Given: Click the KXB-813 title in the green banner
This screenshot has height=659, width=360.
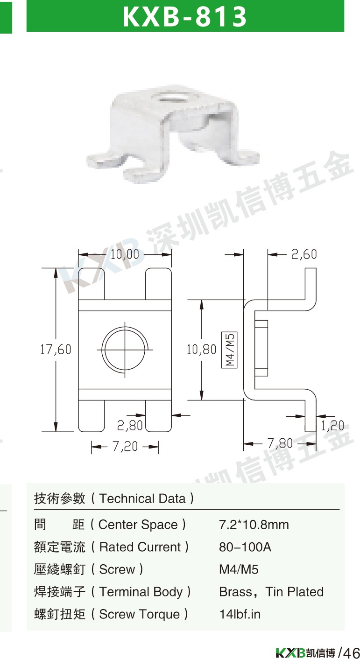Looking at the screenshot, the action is pyautogui.click(x=184, y=16).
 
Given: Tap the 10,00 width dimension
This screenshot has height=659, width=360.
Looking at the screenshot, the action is pyautogui.click(x=125, y=254).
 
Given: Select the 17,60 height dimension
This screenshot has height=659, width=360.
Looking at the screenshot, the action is pyautogui.click(x=56, y=350).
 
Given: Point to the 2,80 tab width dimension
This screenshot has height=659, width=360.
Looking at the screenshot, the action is pyautogui.click(x=130, y=425).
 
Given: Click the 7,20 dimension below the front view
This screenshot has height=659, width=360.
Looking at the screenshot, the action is pyautogui.click(x=125, y=447).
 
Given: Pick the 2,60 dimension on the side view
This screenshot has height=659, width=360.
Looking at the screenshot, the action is pyautogui.click(x=304, y=254).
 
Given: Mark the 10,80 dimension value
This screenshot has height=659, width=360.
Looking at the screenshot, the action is pyautogui.click(x=202, y=350).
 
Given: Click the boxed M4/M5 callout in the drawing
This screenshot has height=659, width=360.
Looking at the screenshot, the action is pyautogui.click(x=229, y=350).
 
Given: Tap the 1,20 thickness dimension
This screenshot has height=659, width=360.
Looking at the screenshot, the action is pyautogui.click(x=332, y=425).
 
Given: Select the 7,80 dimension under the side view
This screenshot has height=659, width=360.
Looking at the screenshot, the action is pyautogui.click(x=280, y=443).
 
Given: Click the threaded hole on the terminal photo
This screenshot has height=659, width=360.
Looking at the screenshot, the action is pyautogui.click(x=170, y=97).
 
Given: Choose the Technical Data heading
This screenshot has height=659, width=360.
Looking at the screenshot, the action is pyautogui.click(x=114, y=498).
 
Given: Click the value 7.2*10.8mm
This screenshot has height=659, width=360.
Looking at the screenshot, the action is pyautogui.click(x=254, y=525).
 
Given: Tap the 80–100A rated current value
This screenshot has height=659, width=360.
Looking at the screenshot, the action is pyautogui.click(x=245, y=547).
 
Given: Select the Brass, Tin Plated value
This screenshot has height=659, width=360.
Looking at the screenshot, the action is pyautogui.click(x=271, y=592).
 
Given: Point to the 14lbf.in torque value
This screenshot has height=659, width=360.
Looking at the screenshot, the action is pyautogui.click(x=240, y=614).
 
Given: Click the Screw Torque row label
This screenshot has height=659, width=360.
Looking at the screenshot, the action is pyautogui.click(x=111, y=614).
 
